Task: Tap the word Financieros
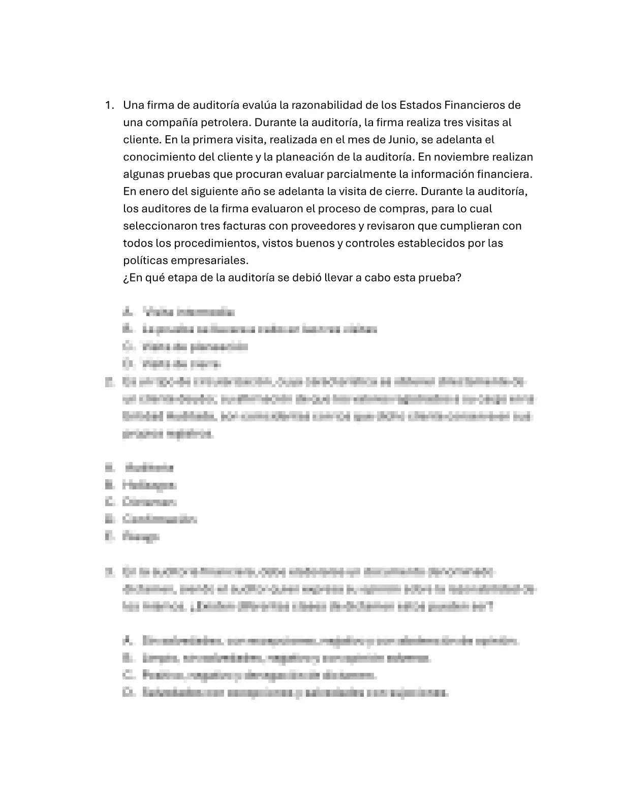(x=476, y=106)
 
